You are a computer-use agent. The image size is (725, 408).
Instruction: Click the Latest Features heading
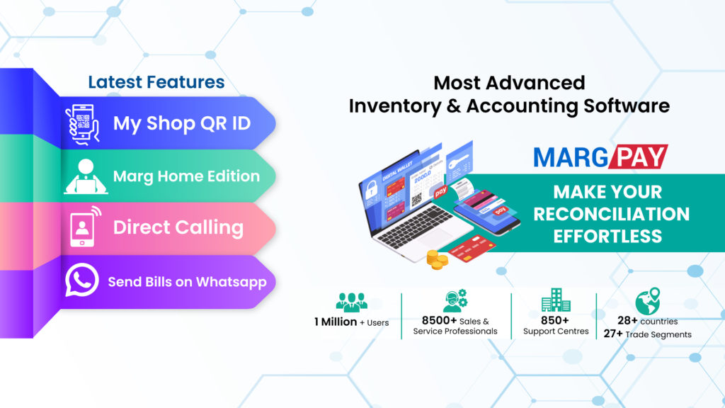(x=156, y=82)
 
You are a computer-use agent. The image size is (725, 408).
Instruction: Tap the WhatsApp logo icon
(x=82, y=280)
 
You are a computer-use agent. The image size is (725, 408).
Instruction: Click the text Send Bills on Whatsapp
(x=187, y=282)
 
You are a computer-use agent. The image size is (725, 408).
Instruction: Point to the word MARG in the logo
(x=569, y=157)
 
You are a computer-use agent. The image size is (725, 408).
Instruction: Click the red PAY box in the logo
(x=637, y=157)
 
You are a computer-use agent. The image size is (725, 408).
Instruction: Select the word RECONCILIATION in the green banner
(x=612, y=213)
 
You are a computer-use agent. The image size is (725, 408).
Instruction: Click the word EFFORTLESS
(x=607, y=235)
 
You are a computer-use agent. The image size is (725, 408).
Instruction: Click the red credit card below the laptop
(x=472, y=249)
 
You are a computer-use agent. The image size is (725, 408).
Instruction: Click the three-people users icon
(x=351, y=302)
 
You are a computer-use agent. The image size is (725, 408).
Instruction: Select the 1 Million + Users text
(x=351, y=322)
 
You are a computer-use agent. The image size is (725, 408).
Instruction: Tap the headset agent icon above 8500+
(x=456, y=302)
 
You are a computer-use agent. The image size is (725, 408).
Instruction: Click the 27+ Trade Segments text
(x=647, y=334)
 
